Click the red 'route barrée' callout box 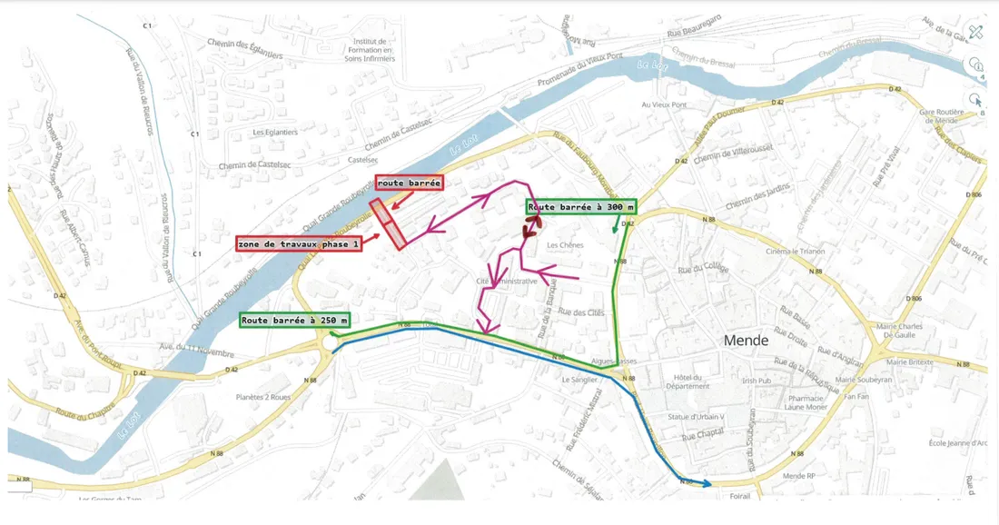tap(409, 183)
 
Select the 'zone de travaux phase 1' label tap(299, 243)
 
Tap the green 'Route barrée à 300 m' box tap(580, 206)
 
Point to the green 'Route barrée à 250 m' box tap(295, 320)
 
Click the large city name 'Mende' tap(746, 341)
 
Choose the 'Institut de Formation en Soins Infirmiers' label tap(371, 51)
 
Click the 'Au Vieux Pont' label tap(664, 104)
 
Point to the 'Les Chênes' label tap(566, 245)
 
